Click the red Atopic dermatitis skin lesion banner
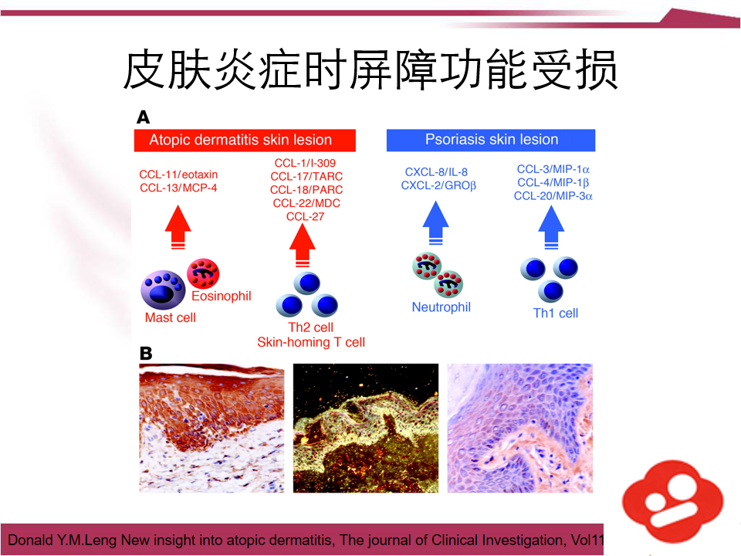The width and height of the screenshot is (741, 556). click(x=244, y=140)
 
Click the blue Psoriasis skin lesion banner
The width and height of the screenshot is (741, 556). click(x=491, y=140)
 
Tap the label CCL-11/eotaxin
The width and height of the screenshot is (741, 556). click(x=178, y=175)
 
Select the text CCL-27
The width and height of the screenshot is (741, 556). click(x=306, y=216)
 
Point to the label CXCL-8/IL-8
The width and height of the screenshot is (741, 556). click(x=436, y=171)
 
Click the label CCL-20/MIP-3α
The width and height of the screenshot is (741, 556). click(x=553, y=196)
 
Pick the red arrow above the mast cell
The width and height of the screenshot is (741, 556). click(x=178, y=225)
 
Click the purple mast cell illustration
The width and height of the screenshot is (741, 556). click(x=163, y=290)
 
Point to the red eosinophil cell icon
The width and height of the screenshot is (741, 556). click(x=204, y=273)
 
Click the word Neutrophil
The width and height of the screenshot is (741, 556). click(x=441, y=307)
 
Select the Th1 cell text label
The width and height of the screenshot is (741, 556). click(x=556, y=313)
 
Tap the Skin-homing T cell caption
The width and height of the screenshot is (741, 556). click(x=311, y=342)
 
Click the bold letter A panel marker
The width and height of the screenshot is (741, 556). click(x=144, y=117)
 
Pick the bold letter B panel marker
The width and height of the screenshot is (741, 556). click(x=145, y=353)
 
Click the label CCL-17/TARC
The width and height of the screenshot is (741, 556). click(x=306, y=176)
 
